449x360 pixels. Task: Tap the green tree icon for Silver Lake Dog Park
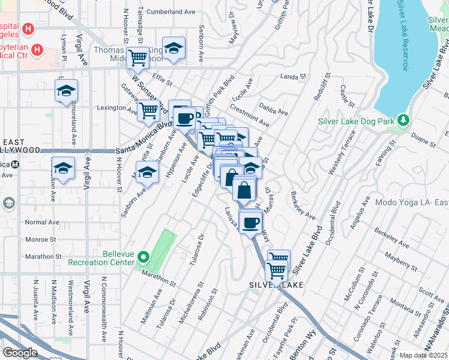405,121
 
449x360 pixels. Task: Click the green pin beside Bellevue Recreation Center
143,257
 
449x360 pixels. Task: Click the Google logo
20,353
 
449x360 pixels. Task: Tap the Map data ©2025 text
423,355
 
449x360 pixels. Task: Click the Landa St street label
294,77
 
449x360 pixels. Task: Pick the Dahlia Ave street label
274,108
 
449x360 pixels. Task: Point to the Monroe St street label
40,239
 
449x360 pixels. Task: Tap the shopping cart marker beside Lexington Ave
148,110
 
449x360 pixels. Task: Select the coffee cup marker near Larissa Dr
251,221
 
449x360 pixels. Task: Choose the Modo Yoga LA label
411,202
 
